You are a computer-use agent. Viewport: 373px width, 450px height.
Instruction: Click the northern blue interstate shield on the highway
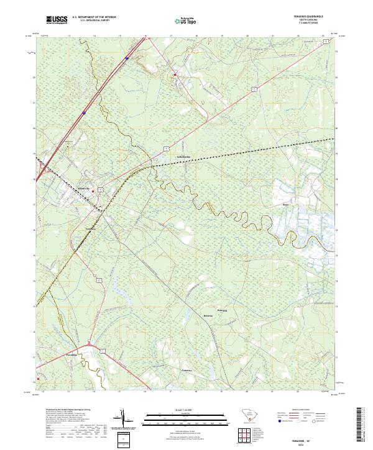coord(126,60)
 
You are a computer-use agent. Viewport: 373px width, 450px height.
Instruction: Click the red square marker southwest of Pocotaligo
coord(39,377)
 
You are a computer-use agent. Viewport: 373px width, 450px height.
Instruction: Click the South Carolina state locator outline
coord(244,417)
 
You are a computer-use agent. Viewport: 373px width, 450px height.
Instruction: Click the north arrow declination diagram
coord(126,422)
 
